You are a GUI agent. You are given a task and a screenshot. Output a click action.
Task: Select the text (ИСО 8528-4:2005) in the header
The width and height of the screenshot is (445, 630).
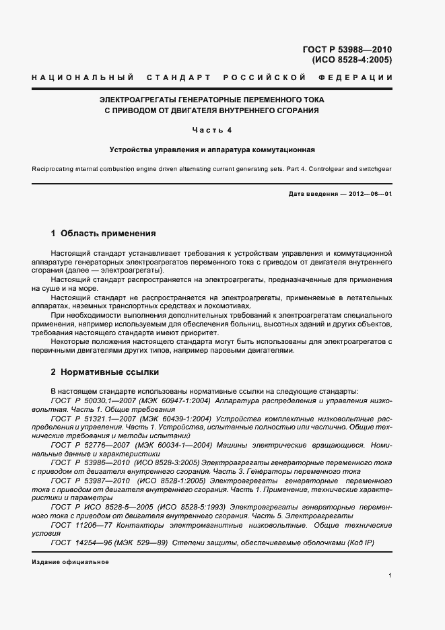351,59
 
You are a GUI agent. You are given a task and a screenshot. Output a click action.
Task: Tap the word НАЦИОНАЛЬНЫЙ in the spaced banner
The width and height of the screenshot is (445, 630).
83,79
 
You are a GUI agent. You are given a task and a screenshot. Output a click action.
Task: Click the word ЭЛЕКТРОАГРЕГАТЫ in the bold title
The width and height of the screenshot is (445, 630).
140,100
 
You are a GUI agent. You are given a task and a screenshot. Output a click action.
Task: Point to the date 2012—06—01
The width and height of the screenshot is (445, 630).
370,194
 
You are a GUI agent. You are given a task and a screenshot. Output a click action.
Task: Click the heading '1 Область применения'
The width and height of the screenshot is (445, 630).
103,234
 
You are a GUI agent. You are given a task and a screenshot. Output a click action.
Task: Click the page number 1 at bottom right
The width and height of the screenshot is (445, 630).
390,575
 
